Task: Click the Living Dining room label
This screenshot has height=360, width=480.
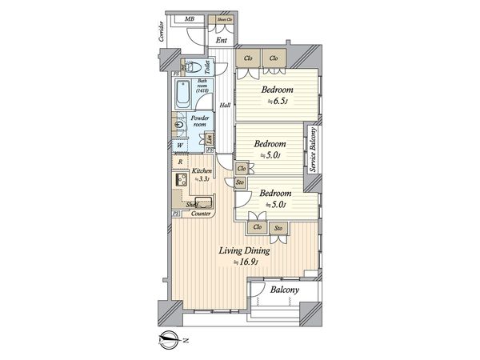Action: [x=246, y=250]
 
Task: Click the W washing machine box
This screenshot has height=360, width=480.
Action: [x=182, y=147]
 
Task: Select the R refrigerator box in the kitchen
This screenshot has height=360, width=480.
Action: [x=181, y=162]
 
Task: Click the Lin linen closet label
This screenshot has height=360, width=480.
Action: [x=207, y=141]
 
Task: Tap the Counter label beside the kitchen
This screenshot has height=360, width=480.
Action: [x=202, y=214]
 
